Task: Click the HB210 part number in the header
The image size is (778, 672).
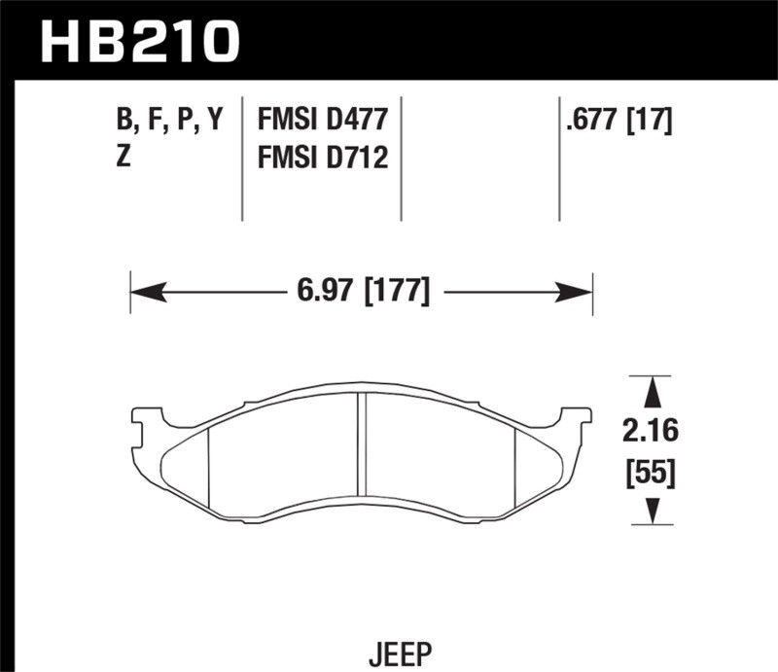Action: pyautogui.click(x=141, y=41)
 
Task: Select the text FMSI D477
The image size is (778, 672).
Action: pyautogui.click(x=322, y=121)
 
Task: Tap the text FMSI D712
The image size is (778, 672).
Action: pyautogui.click(x=322, y=157)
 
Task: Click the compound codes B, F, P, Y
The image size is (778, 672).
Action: pyautogui.click(x=169, y=121)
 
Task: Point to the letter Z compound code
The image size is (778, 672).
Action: pyautogui.click(x=124, y=157)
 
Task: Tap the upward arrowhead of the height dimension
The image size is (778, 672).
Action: pyautogui.click(x=654, y=391)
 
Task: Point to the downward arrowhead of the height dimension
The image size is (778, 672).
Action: pyautogui.click(x=654, y=512)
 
